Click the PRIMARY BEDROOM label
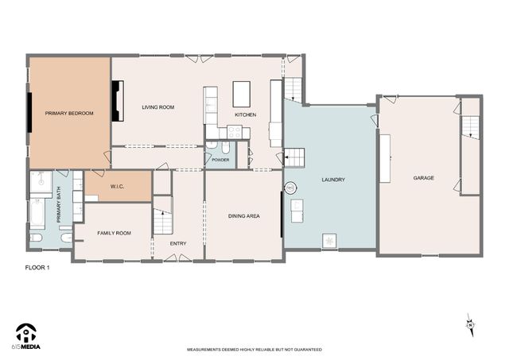click(x=69, y=114)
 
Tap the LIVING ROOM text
click(x=157, y=106)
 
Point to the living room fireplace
click(x=117, y=101)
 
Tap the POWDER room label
click(x=220, y=160)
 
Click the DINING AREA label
click(x=244, y=215)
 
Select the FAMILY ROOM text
click(x=114, y=233)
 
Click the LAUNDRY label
click(x=332, y=180)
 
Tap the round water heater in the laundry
click(x=291, y=188)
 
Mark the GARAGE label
click(x=423, y=178)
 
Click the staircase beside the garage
click(x=471, y=126)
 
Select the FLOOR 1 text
click(x=37, y=268)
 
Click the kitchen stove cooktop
click(x=212, y=102)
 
